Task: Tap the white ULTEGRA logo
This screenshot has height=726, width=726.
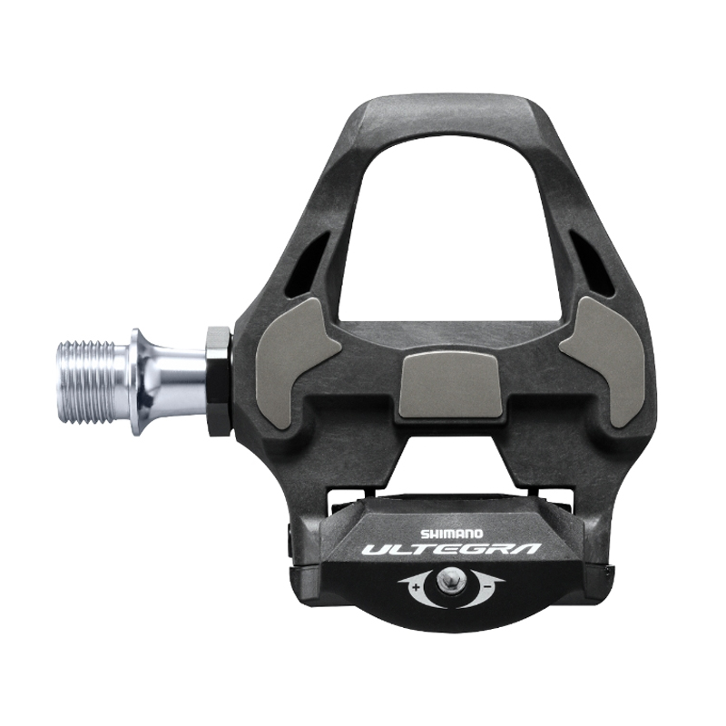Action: point(451,550)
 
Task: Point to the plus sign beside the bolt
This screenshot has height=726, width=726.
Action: point(416,588)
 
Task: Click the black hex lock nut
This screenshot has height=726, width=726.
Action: point(218,381)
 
